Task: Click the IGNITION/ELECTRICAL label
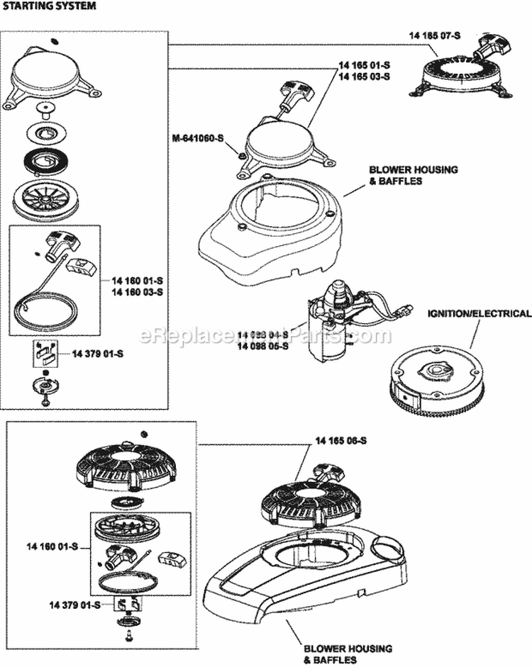click(478, 313)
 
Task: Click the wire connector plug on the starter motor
click(403, 310)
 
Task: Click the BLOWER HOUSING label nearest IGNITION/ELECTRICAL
click(403, 175)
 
